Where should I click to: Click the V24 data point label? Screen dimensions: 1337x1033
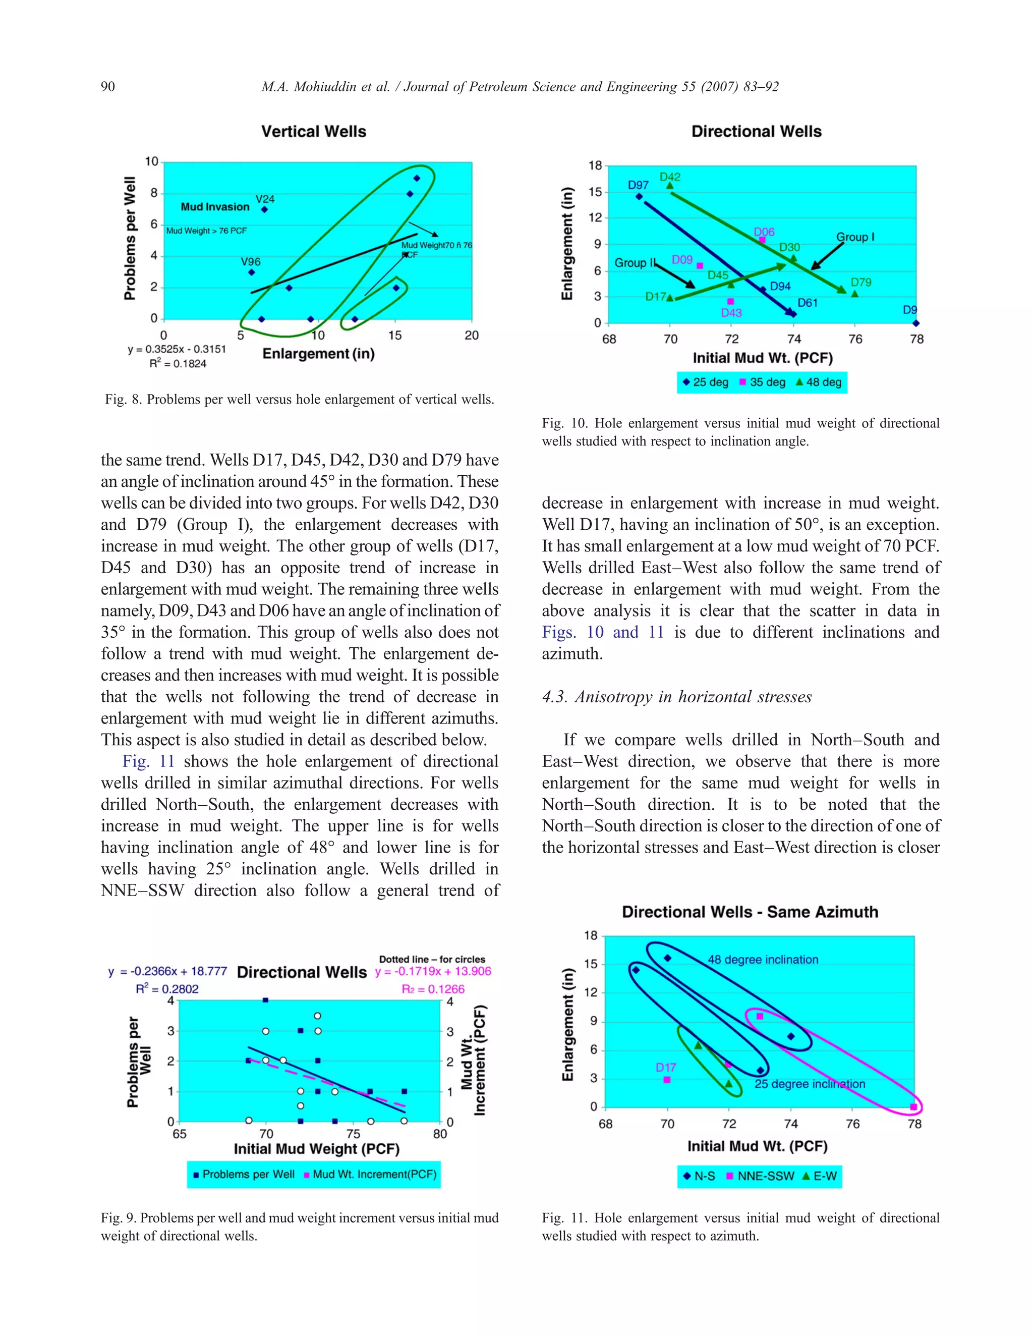tap(265, 199)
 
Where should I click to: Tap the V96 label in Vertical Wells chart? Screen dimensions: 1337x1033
tap(250, 262)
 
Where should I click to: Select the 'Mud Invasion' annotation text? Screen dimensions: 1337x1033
tap(215, 207)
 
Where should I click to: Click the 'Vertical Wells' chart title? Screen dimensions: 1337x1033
tap(313, 132)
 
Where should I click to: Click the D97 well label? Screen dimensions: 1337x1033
tap(638, 185)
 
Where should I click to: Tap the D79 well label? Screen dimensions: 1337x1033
tap(860, 282)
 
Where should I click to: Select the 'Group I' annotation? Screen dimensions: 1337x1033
tap(855, 237)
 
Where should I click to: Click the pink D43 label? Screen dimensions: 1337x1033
tap(731, 313)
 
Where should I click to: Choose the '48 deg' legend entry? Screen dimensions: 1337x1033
tap(818, 382)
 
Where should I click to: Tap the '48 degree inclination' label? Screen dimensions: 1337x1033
tap(763, 959)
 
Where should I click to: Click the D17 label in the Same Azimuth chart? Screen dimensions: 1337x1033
tap(665, 1068)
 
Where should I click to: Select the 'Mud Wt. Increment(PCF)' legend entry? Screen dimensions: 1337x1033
tap(370, 1174)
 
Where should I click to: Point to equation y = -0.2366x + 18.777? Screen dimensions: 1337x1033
tap(167, 972)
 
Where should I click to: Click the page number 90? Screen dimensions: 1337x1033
tap(108, 86)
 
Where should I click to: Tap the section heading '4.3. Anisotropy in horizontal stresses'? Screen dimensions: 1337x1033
tap(677, 697)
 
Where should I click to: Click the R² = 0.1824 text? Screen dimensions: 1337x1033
tap(178, 364)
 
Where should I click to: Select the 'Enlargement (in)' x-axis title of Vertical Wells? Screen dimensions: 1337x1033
tap(318, 354)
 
